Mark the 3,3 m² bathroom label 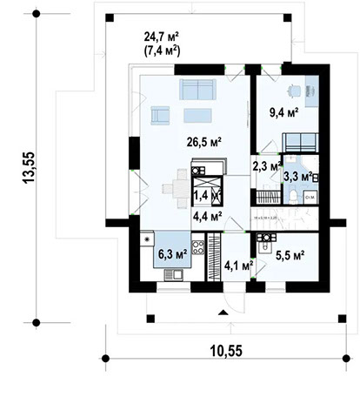[x=297, y=178]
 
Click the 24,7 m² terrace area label [x=161, y=36]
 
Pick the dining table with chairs [x=177, y=184]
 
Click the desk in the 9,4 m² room [x=310, y=91]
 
